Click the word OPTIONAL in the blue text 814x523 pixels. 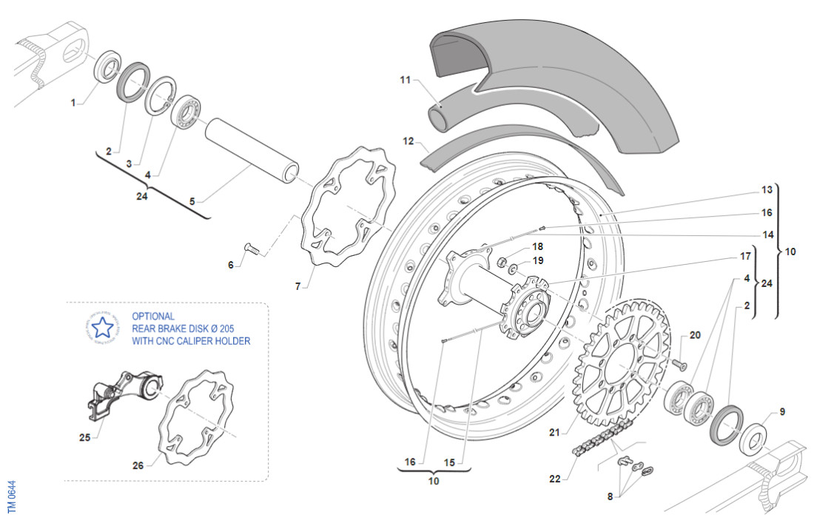(153, 316)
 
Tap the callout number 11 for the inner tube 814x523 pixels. (405, 78)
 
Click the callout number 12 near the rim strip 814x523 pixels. (407, 140)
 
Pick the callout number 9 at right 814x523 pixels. (782, 412)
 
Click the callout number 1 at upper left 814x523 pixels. (73, 104)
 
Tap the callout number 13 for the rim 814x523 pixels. (767, 190)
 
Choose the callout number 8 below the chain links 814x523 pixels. (610, 496)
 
